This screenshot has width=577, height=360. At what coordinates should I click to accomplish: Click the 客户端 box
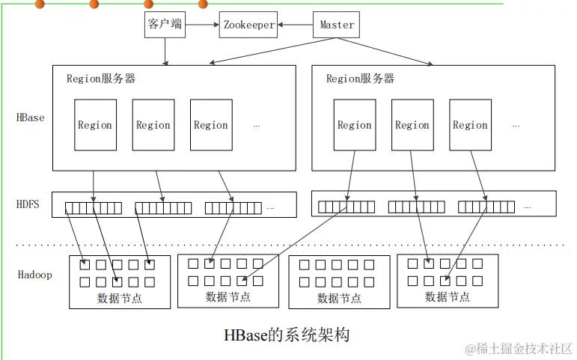tap(165, 25)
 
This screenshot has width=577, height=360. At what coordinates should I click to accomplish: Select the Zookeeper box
tap(249, 25)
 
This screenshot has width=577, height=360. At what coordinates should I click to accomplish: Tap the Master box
tap(337, 25)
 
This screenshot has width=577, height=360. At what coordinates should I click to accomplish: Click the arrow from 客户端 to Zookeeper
tap(203, 25)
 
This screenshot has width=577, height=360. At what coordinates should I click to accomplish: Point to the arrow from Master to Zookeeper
tap(296, 25)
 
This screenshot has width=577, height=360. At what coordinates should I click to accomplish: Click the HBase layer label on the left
tap(31, 118)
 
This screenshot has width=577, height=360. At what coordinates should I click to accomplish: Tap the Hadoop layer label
tap(35, 275)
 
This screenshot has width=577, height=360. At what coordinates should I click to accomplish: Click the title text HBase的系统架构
tap(287, 335)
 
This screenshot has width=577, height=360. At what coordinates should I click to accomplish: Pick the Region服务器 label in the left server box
tap(101, 78)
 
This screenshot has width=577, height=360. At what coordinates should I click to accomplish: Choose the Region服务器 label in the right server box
tap(360, 78)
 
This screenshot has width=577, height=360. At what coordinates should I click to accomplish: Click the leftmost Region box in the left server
tap(95, 125)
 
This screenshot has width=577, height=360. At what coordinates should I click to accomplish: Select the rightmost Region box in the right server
tap(470, 125)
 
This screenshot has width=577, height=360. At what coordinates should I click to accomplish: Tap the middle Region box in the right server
tap(412, 125)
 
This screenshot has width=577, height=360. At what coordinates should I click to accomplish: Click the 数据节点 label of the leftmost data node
tap(120, 299)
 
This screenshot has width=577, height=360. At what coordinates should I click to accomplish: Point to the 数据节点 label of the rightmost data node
tap(448, 296)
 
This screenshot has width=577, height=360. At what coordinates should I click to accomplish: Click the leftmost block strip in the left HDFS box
tap(93, 208)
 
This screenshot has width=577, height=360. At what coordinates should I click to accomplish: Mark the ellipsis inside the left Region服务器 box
tap(257, 126)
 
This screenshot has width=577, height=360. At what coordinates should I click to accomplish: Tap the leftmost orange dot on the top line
tap(40, 4)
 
